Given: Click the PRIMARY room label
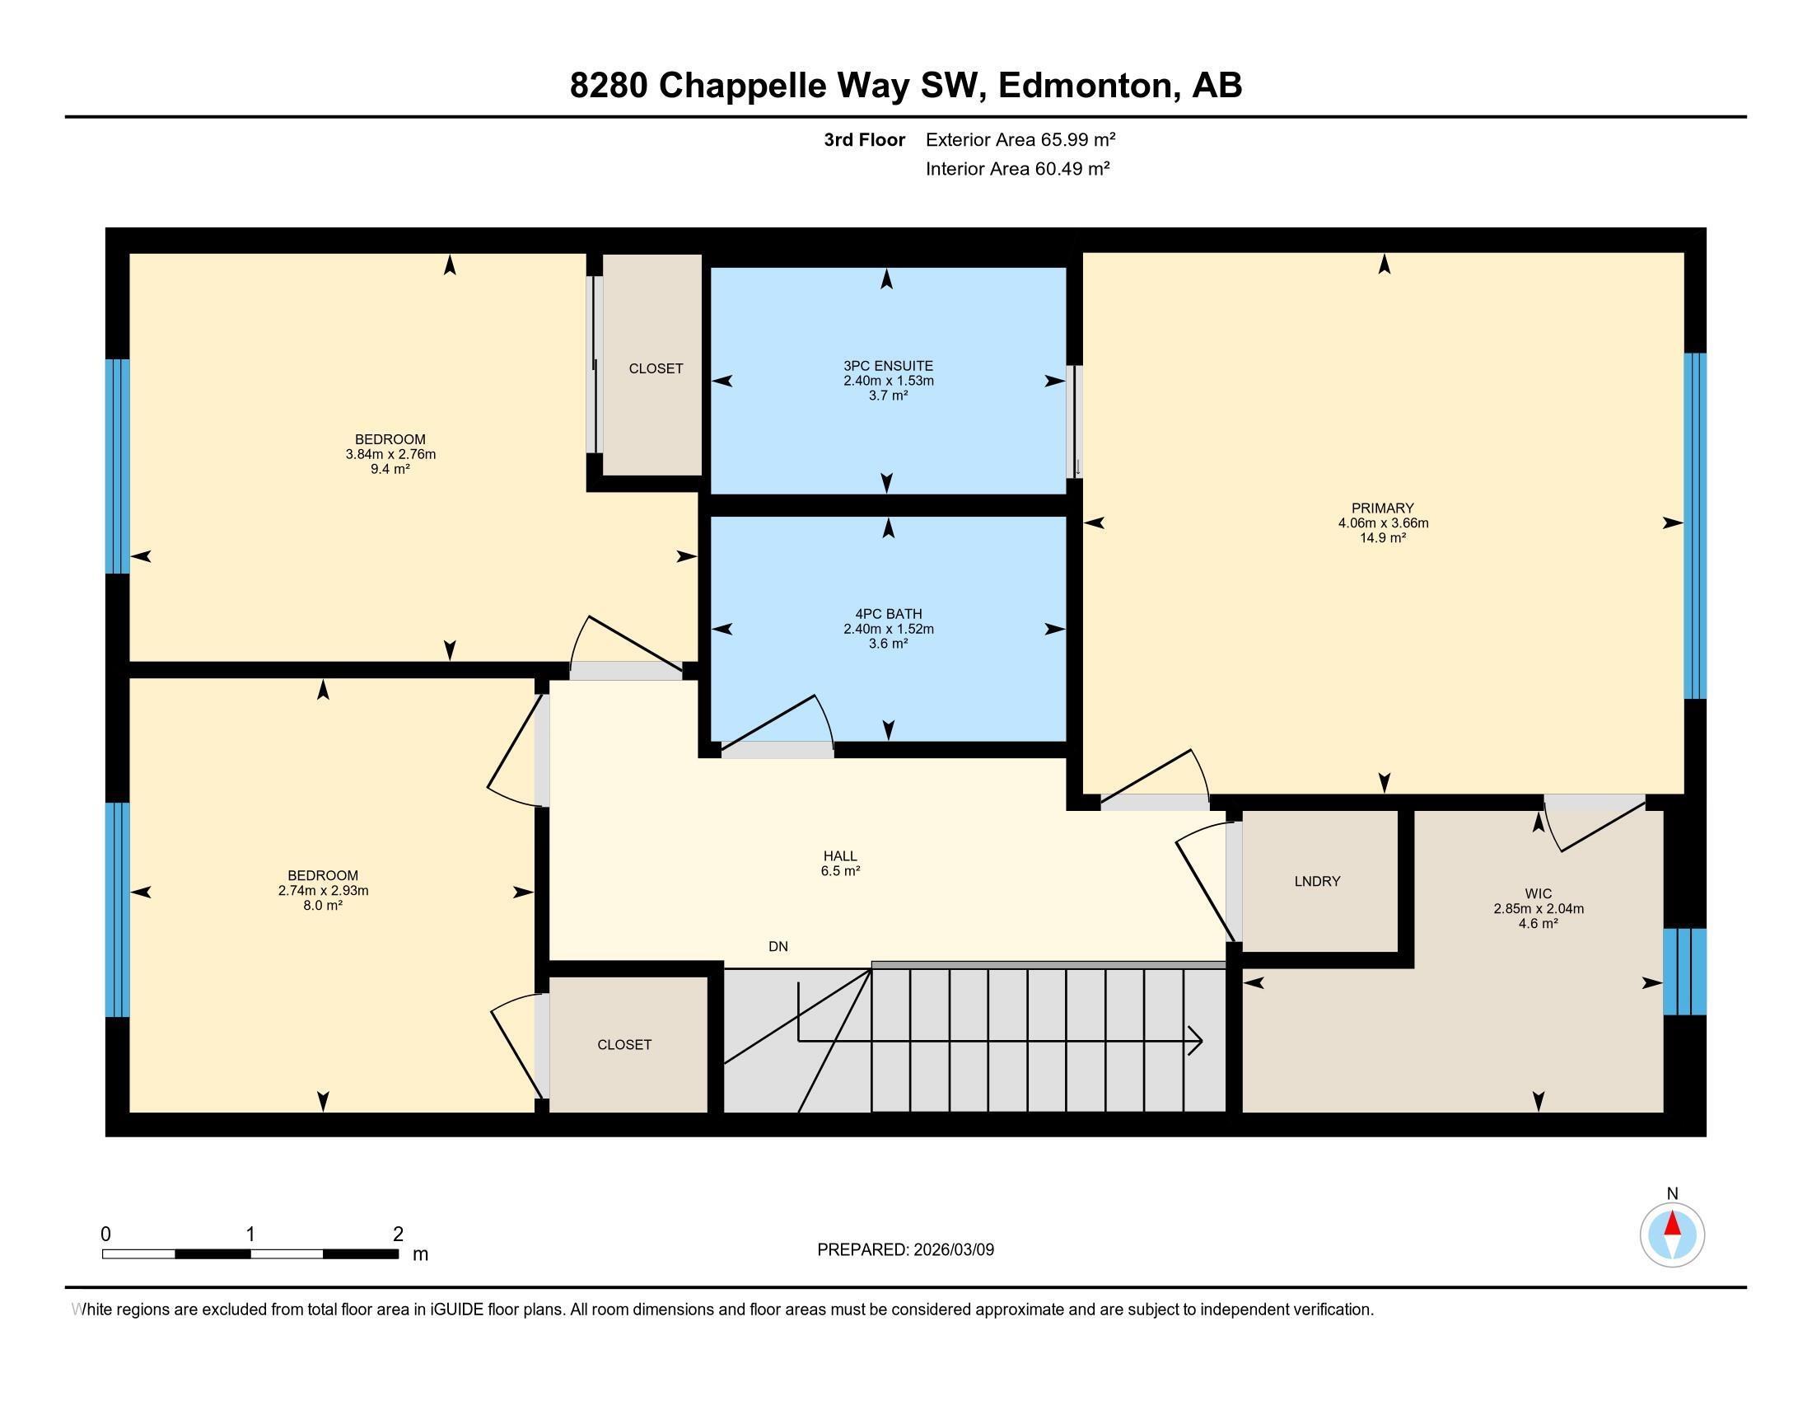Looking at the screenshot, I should coord(1382,508).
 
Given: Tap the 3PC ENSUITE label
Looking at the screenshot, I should coord(888,366).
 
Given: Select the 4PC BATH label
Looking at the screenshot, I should coord(888,614).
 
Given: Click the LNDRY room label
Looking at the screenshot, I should coord(1317,882).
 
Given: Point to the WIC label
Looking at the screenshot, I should coord(1538,894).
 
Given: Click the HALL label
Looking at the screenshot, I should coord(839,856).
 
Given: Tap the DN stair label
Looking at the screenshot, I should coord(778,946).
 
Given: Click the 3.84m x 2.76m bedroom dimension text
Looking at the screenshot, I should coord(390,455).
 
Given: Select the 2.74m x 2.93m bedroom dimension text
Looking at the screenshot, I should coord(323,891).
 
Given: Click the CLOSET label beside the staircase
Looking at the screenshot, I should coord(624,1045).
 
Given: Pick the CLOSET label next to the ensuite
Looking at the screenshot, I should coord(656,368).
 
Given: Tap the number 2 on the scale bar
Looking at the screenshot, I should coord(399,1234).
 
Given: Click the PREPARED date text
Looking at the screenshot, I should coord(905,1250).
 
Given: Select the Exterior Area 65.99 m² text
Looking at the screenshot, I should coord(1020,139).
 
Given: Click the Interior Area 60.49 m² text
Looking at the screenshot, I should coord(1017,169).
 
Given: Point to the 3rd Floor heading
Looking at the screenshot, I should coord(864,139).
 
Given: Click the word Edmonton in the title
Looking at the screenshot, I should coord(1088,86).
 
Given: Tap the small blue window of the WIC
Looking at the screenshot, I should coord(1684,972).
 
